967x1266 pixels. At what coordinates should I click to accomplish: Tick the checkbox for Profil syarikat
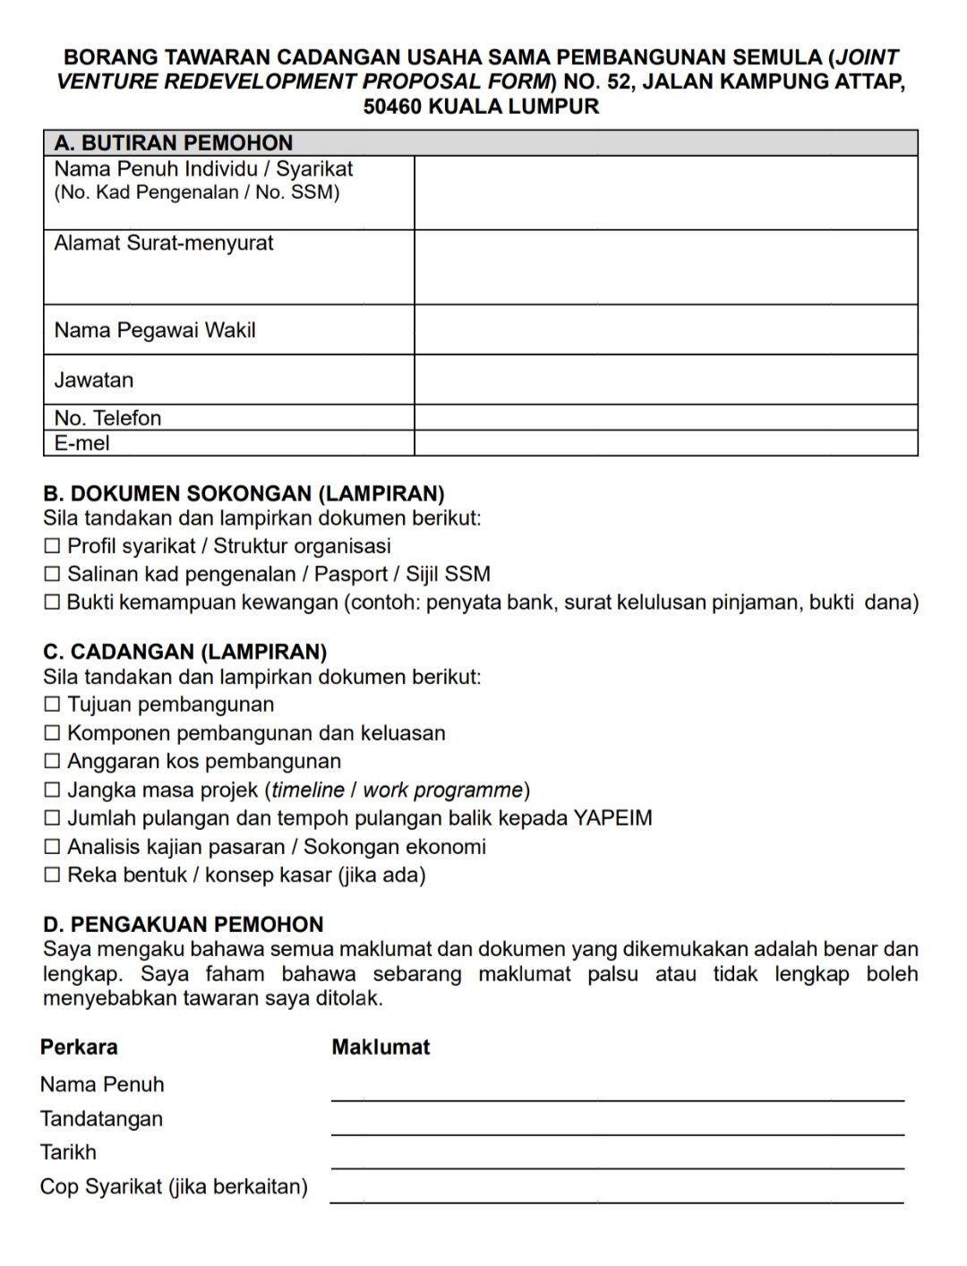(52, 546)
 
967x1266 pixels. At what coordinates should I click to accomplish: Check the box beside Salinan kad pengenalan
(52, 575)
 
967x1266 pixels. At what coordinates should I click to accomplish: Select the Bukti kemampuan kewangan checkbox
(52, 603)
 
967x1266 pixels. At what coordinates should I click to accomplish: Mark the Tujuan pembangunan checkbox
(52, 706)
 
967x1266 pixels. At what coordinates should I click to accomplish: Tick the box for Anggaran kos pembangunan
(52, 762)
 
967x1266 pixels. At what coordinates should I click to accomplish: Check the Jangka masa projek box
(52, 791)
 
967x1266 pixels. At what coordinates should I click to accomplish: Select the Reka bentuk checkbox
(52, 876)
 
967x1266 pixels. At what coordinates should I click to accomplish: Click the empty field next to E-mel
(665, 443)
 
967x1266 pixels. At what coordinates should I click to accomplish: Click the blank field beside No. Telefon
(665, 418)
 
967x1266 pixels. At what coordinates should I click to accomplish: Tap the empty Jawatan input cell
(665, 380)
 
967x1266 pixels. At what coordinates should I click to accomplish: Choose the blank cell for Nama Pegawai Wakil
(665, 329)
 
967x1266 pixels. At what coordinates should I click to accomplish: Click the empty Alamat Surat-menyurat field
(665, 267)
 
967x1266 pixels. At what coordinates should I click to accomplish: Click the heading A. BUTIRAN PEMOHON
(174, 143)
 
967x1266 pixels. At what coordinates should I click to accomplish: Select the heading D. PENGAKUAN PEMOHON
(184, 925)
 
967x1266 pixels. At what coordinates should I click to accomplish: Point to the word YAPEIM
(612, 818)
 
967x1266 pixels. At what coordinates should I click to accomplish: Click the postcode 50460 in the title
(393, 107)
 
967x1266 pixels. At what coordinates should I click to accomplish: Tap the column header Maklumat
(381, 1048)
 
